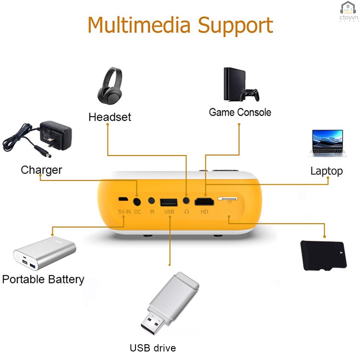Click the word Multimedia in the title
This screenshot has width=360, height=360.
[x=140, y=25]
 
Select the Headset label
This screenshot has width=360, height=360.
[x=110, y=117]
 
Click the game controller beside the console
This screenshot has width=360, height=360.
[x=250, y=95]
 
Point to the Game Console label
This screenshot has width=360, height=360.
[x=240, y=112]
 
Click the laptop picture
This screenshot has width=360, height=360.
[x=327, y=143]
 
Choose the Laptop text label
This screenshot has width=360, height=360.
[x=326, y=171]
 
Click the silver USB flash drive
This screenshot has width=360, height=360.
[x=170, y=303]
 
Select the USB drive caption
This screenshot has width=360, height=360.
[x=153, y=348]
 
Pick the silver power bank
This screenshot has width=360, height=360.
[x=45, y=253]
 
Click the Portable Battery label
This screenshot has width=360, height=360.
[x=43, y=279]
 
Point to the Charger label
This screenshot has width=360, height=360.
[x=41, y=170]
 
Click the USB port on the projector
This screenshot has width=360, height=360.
[x=169, y=202]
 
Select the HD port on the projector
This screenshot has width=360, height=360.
[x=204, y=202]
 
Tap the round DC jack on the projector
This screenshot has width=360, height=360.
[x=137, y=202]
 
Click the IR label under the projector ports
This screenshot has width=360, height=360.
[x=152, y=212]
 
